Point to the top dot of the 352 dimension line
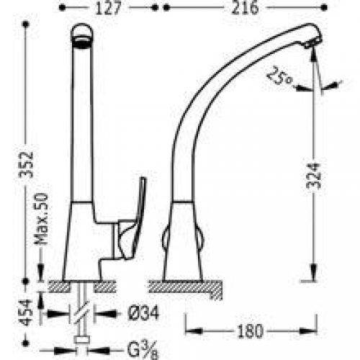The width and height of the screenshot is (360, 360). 27,24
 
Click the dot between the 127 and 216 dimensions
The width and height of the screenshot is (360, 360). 161,9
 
